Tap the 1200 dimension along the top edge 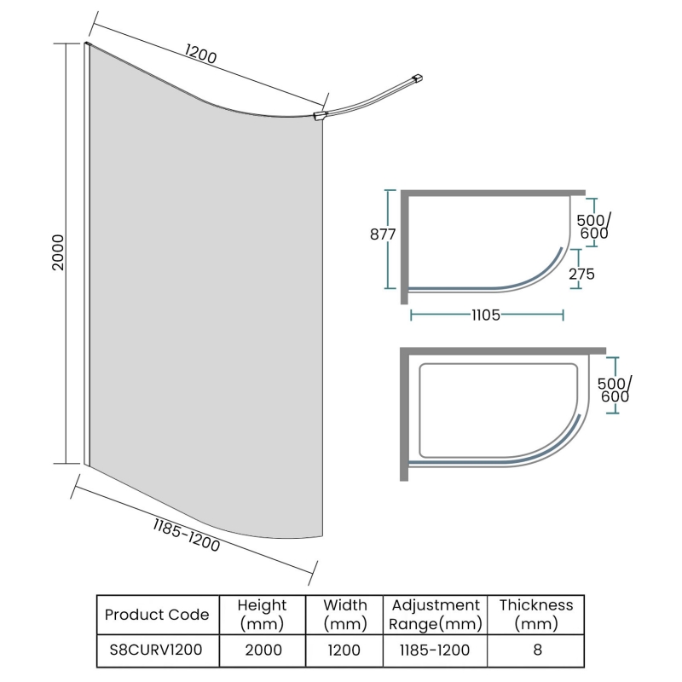click(201, 55)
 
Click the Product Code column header click(156, 614)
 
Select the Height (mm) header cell click(262, 614)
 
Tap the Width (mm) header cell click(345, 614)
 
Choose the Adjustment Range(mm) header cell click(436, 614)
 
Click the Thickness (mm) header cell click(536, 614)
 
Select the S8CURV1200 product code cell click(156, 650)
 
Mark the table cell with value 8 click(536, 650)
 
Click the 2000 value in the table click(262, 650)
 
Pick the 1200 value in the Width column click(345, 650)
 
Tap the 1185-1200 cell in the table click(436, 650)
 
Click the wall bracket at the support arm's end click(418, 79)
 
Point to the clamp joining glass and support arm click(320, 115)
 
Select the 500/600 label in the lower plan click(615, 390)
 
